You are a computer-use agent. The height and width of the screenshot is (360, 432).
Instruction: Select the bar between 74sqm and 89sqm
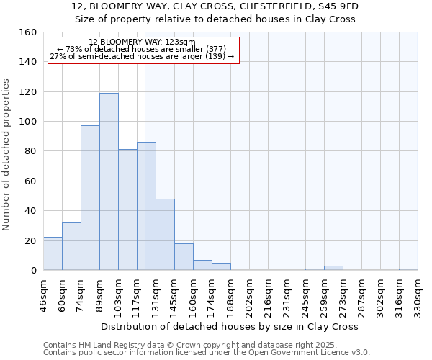coord(90,198)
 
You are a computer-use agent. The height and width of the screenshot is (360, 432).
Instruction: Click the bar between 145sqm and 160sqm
coord(184,257)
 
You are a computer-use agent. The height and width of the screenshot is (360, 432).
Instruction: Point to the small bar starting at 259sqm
coord(333,268)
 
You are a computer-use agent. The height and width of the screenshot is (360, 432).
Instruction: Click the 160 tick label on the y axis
coord(28,32)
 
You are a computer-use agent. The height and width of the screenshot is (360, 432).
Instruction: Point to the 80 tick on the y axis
coord(31,151)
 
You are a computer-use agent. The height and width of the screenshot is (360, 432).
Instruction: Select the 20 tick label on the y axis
coord(31,240)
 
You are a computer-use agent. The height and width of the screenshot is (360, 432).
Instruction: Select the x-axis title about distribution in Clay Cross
coord(229,326)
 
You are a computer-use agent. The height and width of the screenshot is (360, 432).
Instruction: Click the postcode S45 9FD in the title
coord(336,6)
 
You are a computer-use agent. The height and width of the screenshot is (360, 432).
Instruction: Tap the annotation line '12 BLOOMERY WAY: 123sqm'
coord(143,42)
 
